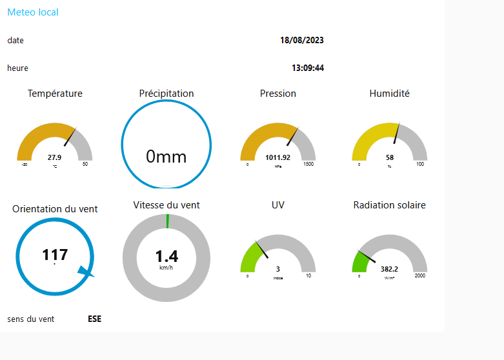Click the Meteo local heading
coord(33,12)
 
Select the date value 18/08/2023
coord(301,40)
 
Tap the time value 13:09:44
coord(307,68)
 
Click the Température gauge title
coord(55,94)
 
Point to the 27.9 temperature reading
coord(55,157)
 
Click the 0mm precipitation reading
coord(166,156)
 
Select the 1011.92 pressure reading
coord(277,157)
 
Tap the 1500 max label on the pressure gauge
coord(308,165)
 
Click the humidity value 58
coord(390,157)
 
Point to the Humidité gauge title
coord(389,94)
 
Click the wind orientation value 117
coord(55,255)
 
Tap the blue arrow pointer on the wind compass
coord(86,272)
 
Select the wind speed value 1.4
coord(166,256)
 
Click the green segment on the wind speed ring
coord(167,221)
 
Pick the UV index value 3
coord(277,269)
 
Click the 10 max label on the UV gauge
coord(308,276)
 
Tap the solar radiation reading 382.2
coord(389,269)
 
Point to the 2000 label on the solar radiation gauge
coord(420,276)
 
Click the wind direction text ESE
coord(94,319)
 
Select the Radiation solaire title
coord(389,205)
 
